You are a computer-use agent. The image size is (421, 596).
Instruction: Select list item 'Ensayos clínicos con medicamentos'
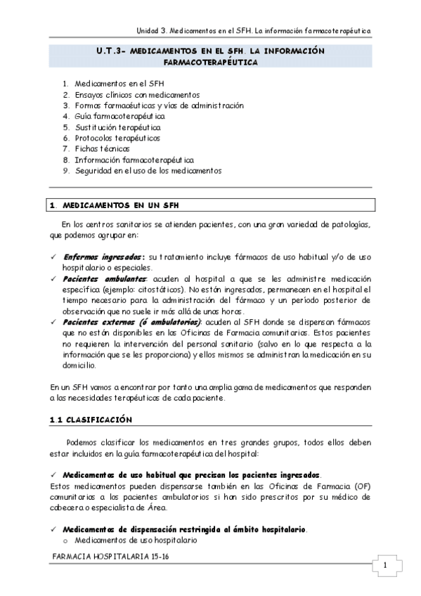(x=137, y=95)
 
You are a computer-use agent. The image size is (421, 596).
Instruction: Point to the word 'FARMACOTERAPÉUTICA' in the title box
(x=210, y=63)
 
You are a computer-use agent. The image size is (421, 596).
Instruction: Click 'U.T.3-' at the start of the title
(x=111, y=51)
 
